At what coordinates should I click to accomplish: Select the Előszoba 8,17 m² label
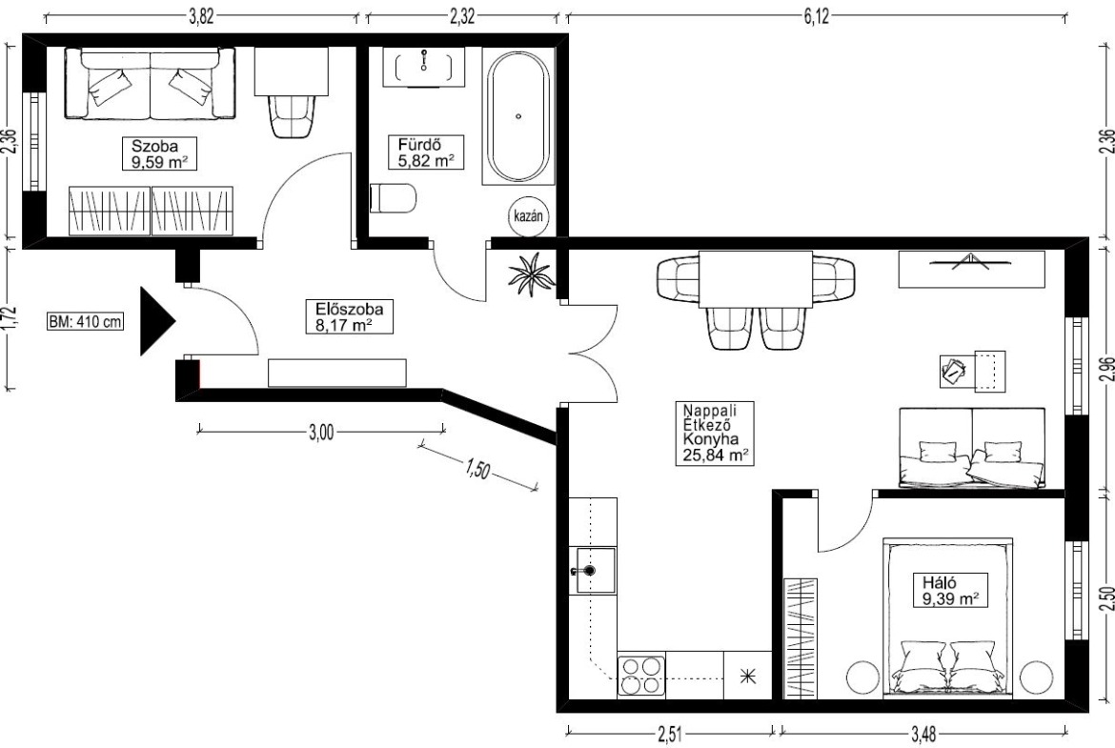(x=349, y=317)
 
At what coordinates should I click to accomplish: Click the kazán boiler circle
(x=529, y=215)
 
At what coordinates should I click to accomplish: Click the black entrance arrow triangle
(x=156, y=321)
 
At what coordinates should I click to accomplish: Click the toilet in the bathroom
(x=393, y=197)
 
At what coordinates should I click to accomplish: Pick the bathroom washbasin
(x=424, y=67)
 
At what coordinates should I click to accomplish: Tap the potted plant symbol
(x=530, y=274)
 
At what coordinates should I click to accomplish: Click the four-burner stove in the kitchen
(x=641, y=676)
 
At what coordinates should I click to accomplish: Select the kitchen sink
(x=593, y=570)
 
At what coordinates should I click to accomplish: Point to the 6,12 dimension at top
(x=817, y=15)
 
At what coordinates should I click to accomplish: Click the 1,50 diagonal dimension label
(x=477, y=469)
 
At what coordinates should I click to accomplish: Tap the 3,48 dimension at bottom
(x=923, y=733)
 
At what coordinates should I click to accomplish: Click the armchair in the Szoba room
(x=292, y=115)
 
